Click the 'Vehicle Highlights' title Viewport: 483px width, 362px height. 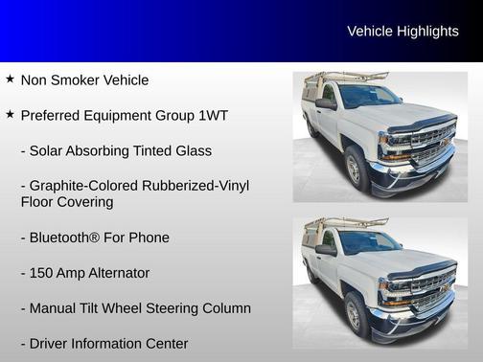(x=402, y=32)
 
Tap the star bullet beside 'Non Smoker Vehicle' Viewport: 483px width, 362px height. (x=10, y=79)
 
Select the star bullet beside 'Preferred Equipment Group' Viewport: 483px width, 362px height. (x=10, y=115)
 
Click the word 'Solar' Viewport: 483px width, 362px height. (x=49, y=151)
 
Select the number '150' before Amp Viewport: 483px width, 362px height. (x=42, y=273)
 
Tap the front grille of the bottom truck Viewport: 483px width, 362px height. (x=431, y=284)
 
